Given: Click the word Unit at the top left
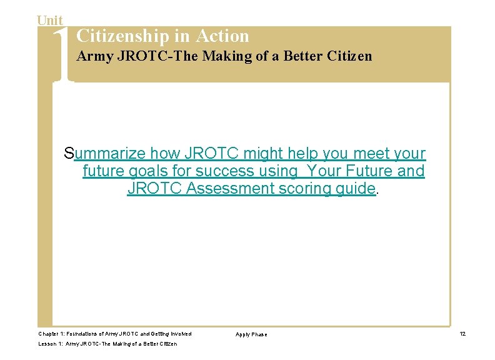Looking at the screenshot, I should coord(50,21).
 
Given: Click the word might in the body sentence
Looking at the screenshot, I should coord(263,154).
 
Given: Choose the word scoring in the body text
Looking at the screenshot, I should coord(304,189).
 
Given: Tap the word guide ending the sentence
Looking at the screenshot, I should coord(354,189).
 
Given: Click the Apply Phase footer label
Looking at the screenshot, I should coord(251,335).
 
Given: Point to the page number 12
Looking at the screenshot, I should coord(462,334).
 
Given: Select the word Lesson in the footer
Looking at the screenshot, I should coord(47,344).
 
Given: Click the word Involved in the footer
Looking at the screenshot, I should coord(180,334).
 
